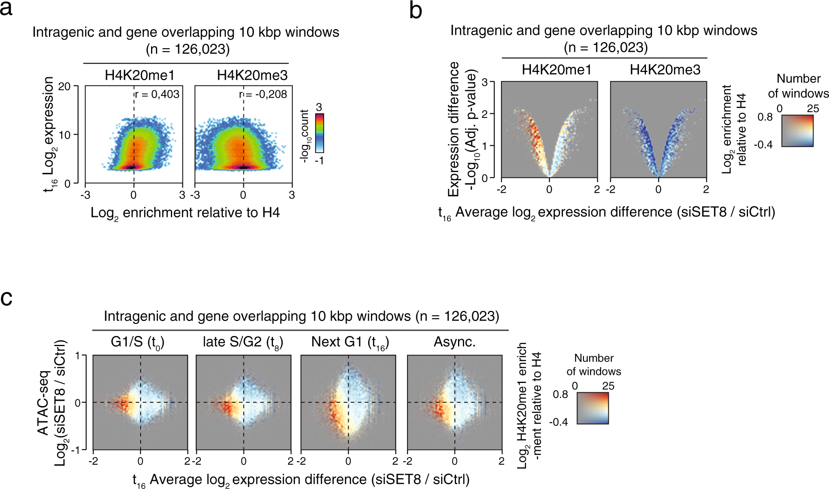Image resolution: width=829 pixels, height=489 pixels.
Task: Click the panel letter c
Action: point(6,298)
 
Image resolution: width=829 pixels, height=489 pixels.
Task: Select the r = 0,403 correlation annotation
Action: point(157,94)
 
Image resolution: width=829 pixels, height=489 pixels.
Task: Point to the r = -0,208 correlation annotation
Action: point(263,94)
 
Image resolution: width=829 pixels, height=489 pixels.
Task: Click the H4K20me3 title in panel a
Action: point(252,75)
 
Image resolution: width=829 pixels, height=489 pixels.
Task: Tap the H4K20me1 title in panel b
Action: point(556,70)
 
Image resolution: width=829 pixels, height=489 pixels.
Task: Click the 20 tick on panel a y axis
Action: point(64,87)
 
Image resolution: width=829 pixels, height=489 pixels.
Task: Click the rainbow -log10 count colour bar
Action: point(320,133)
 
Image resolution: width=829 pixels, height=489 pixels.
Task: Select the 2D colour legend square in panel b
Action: point(797,131)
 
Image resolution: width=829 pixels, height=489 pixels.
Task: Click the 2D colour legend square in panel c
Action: point(592,408)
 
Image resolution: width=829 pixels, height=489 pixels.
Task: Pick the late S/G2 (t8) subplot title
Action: point(243,342)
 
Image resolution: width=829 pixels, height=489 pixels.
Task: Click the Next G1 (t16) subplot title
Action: point(350,342)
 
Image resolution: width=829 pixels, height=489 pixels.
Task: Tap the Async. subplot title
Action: point(454,342)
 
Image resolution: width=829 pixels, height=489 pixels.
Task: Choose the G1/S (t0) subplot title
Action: point(137,342)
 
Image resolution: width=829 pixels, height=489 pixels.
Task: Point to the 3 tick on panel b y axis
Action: point(484,82)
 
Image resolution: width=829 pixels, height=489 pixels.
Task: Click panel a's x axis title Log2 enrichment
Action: point(185,213)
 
